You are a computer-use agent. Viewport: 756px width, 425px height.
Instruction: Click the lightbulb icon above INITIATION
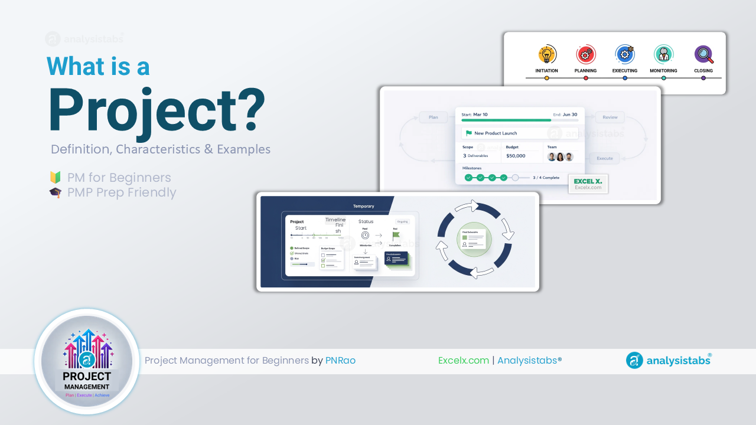click(x=547, y=55)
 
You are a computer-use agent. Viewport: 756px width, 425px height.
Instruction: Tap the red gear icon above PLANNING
click(x=585, y=55)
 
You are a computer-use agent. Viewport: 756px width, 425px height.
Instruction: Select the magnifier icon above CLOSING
click(x=703, y=55)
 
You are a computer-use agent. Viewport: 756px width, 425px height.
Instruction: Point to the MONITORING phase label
click(x=663, y=71)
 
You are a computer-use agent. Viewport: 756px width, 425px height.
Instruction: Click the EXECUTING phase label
click(x=625, y=71)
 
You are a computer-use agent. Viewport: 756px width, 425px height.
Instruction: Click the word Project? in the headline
click(x=157, y=110)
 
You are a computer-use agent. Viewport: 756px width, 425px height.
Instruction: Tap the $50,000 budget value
click(x=516, y=156)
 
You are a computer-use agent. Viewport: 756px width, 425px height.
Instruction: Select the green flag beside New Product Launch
click(x=469, y=133)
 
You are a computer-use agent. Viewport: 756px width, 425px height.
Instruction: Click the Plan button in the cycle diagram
click(x=433, y=117)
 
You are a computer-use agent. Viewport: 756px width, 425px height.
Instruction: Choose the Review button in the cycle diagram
click(x=610, y=117)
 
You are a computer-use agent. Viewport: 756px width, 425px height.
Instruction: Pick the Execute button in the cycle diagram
click(x=604, y=158)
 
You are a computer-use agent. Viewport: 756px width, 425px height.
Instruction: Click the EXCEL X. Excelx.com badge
click(x=588, y=184)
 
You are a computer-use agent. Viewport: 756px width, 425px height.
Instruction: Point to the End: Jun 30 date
click(x=565, y=115)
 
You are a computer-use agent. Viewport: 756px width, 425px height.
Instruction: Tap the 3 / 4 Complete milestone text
click(x=546, y=178)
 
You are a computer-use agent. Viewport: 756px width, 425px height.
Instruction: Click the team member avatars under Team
click(x=560, y=156)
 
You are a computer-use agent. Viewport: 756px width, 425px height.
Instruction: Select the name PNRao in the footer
click(x=340, y=360)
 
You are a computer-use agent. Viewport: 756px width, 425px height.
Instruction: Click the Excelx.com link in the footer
click(x=463, y=360)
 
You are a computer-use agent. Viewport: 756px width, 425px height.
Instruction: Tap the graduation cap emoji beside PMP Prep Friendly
click(x=56, y=192)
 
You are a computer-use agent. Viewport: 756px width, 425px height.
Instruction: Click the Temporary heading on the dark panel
click(x=364, y=206)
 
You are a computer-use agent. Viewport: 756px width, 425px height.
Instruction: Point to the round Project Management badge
click(x=87, y=361)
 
